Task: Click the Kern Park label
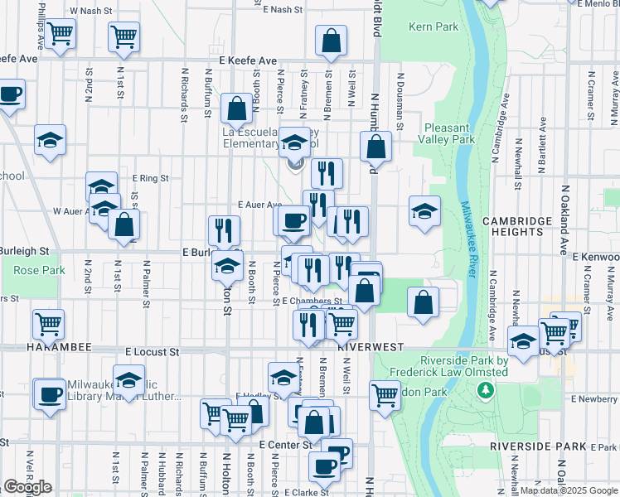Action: [434, 27]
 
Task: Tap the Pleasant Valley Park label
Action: [448, 133]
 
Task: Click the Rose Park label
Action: [38, 270]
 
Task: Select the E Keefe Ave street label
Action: [248, 60]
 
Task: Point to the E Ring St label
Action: [150, 177]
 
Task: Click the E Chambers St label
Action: [312, 301]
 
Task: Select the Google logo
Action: [27, 487]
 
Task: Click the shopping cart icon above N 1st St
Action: [124, 36]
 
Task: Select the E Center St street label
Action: [283, 445]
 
